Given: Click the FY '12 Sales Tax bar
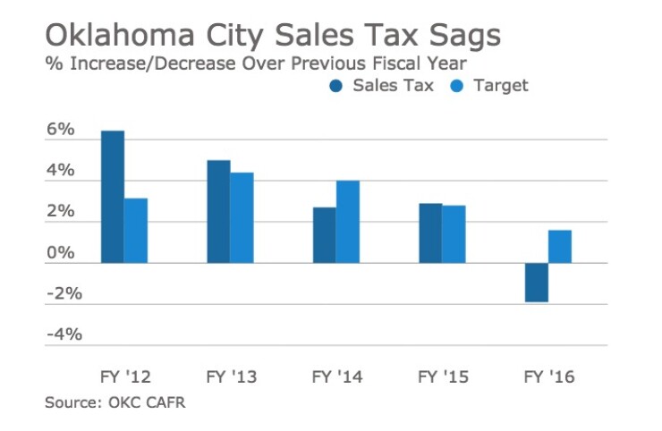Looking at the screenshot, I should pos(113,197).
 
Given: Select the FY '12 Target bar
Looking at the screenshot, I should pos(136,231).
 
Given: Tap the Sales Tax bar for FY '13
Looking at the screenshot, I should pos(218,212).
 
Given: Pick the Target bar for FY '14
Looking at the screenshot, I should pos(348,222).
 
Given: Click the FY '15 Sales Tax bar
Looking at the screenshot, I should pos(430,233).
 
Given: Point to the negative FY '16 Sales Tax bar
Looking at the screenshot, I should pos(537,283).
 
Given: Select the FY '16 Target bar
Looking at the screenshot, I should pos(560,247).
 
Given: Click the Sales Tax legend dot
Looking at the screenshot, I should pos(336,86).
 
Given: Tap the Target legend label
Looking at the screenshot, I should pos(502,86).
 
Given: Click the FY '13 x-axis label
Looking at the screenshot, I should pos(231,376).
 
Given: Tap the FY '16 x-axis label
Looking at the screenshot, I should pos(548,376).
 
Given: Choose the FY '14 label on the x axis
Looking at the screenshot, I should pos(336,376).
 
